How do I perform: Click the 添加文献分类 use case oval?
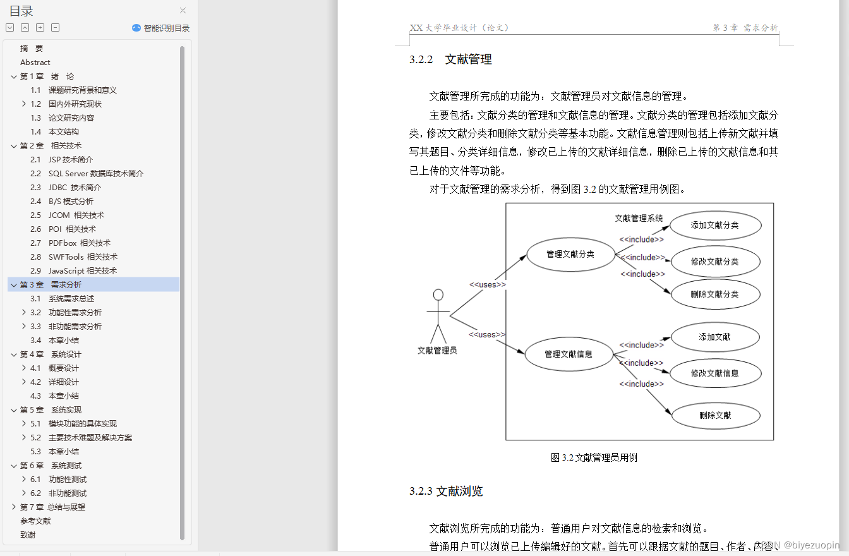(x=715, y=226)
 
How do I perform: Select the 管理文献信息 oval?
(x=569, y=354)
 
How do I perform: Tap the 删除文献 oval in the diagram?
(x=715, y=416)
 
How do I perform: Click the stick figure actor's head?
(x=438, y=295)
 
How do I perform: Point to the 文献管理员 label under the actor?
(x=437, y=351)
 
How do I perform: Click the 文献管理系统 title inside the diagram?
(x=639, y=218)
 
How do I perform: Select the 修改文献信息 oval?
(x=715, y=373)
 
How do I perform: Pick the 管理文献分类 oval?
(x=570, y=254)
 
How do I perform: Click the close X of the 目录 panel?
(x=183, y=11)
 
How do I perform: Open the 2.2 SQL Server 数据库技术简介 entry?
(x=96, y=174)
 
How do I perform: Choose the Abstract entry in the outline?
(x=35, y=63)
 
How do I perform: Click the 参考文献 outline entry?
(x=35, y=521)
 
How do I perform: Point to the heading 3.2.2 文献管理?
(x=450, y=60)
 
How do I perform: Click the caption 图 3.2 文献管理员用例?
(x=594, y=458)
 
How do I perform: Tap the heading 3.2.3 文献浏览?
(x=446, y=492)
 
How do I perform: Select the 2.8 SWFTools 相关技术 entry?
(x=83, y=257)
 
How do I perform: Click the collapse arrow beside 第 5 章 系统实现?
(x=14, y=410)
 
